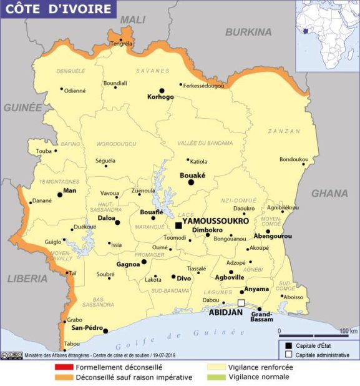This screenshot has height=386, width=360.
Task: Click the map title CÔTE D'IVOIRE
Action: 58,8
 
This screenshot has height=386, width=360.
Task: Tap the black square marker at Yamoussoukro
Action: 178,225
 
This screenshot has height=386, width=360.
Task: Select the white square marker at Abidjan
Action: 241,302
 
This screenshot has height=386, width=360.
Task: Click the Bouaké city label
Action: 193,176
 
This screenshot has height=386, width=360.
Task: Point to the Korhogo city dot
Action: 162,90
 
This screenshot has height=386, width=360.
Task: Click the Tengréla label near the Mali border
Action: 121,44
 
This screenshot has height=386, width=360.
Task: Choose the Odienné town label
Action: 75,91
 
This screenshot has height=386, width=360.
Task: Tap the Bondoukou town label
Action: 294,159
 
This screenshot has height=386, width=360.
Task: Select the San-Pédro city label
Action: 87,328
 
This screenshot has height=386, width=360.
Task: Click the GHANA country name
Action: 329,194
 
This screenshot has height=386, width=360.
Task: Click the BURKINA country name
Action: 248,32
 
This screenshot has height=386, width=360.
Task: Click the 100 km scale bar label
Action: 349,331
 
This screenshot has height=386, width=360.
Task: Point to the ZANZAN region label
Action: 280,131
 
